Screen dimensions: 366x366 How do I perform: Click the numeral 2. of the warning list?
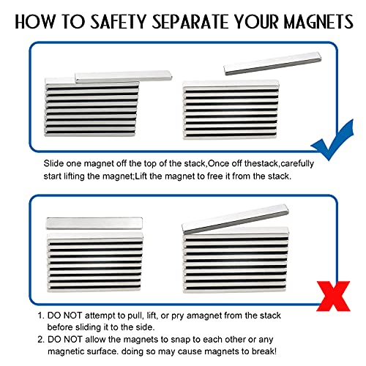click(40, 340)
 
